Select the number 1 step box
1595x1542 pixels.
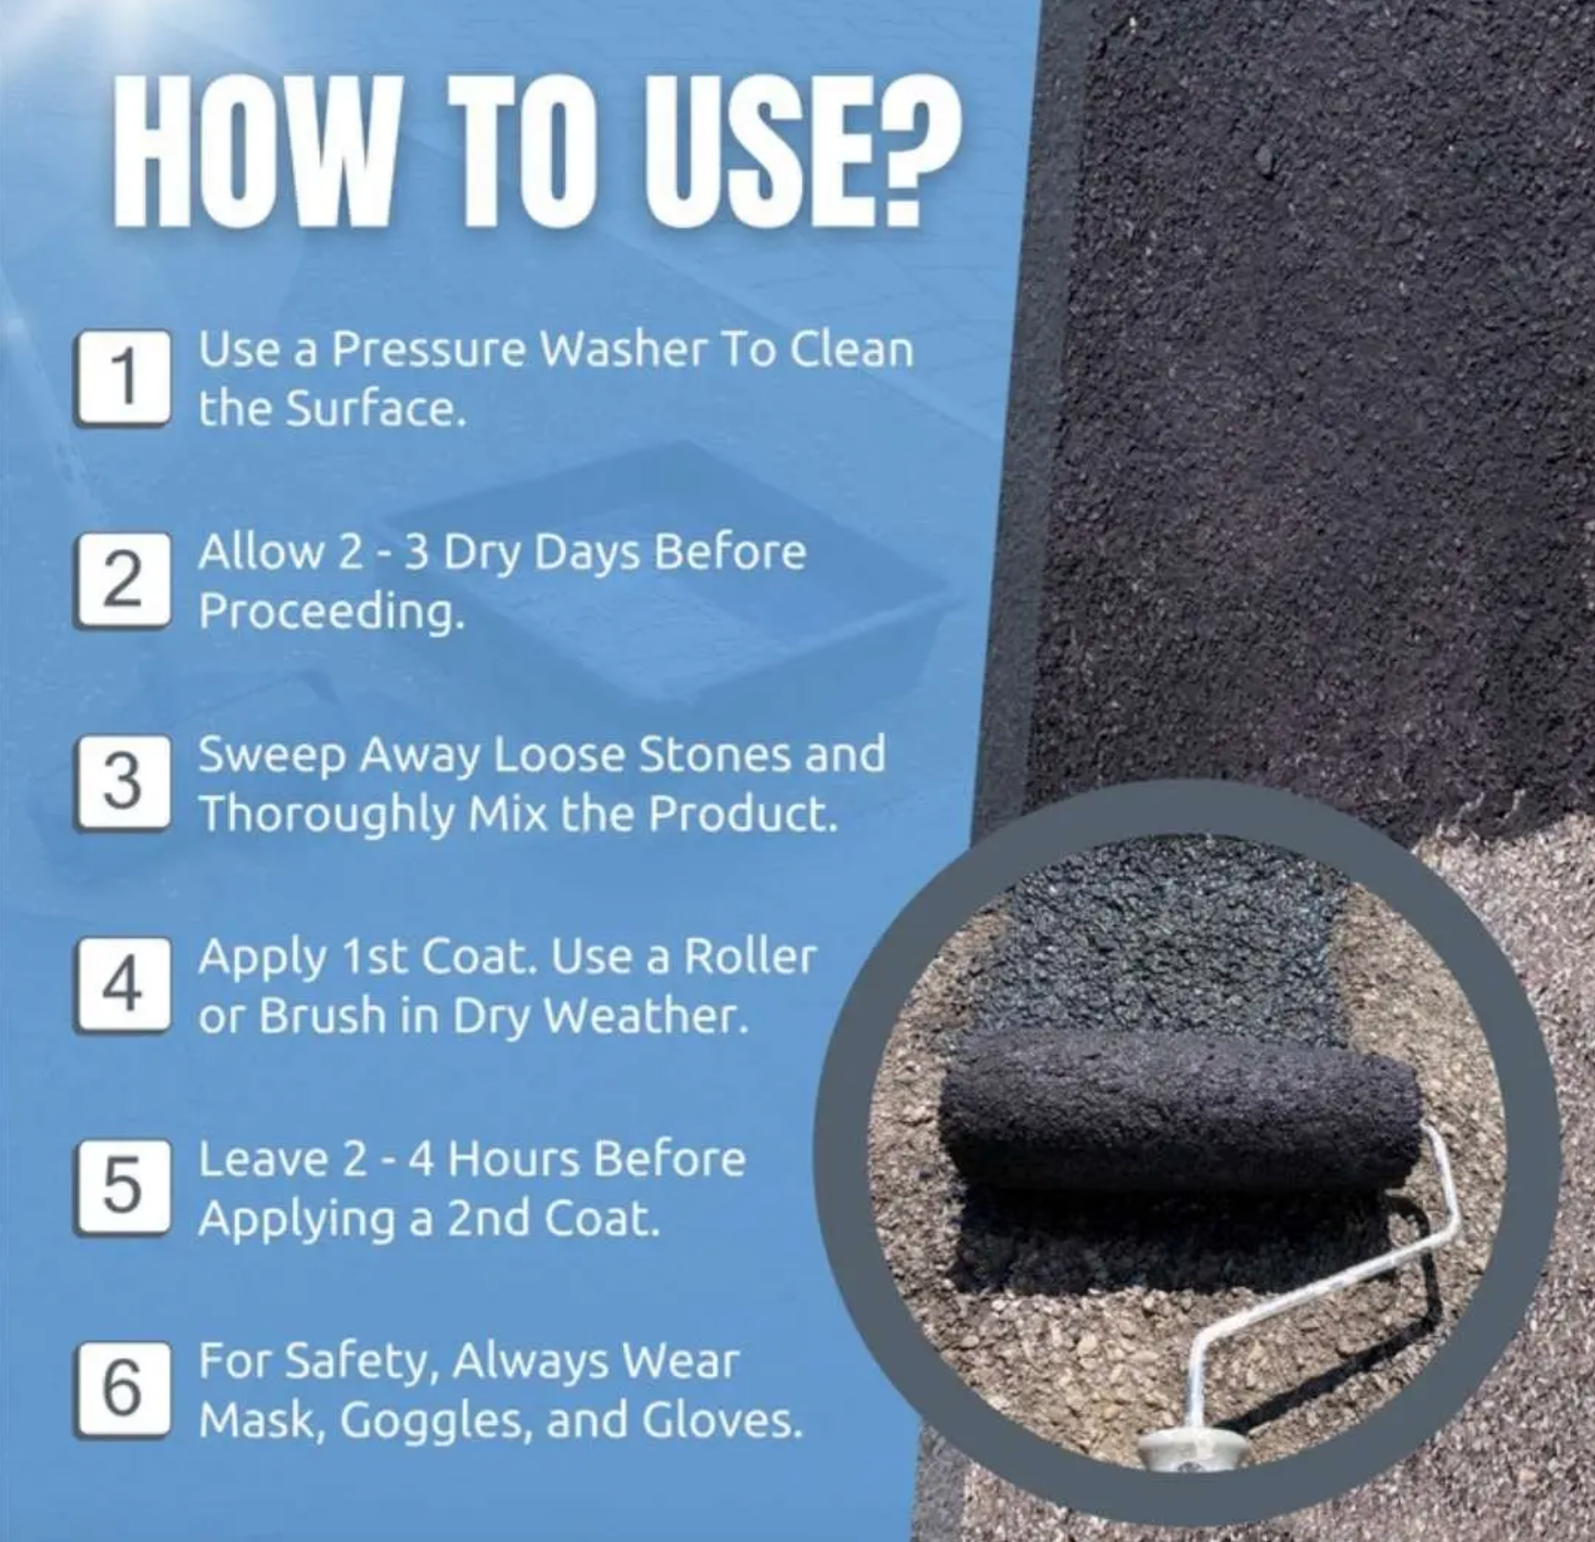tap(124, 379)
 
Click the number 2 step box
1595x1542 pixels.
tap(124, 582)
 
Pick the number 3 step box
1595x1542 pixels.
tap(124, 783)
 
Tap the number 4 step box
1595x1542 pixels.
tap(124, 984)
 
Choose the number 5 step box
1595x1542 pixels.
tap(124, 1187)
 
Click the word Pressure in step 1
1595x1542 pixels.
tap(428, 349)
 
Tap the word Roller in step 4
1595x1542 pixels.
tap(750, 957)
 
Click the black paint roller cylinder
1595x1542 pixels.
tap(1180, 1108)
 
